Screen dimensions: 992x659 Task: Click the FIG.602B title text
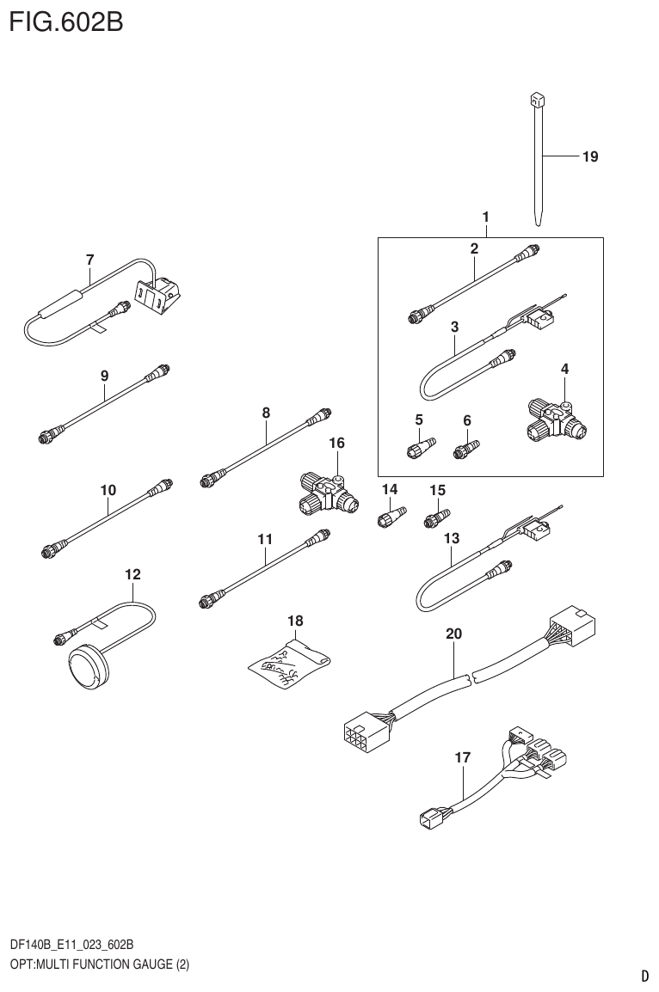coord(66,21)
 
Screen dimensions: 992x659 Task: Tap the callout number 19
coord(589,156)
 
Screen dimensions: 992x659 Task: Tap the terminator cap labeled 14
coord(388,519)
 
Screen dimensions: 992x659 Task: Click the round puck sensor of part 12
coord(85,664)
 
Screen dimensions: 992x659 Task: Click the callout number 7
coord(90,259)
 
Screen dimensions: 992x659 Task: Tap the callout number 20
coord(454,634)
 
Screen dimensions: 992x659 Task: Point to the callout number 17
coord(463,757)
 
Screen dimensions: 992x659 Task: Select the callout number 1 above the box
coord(486,216)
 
